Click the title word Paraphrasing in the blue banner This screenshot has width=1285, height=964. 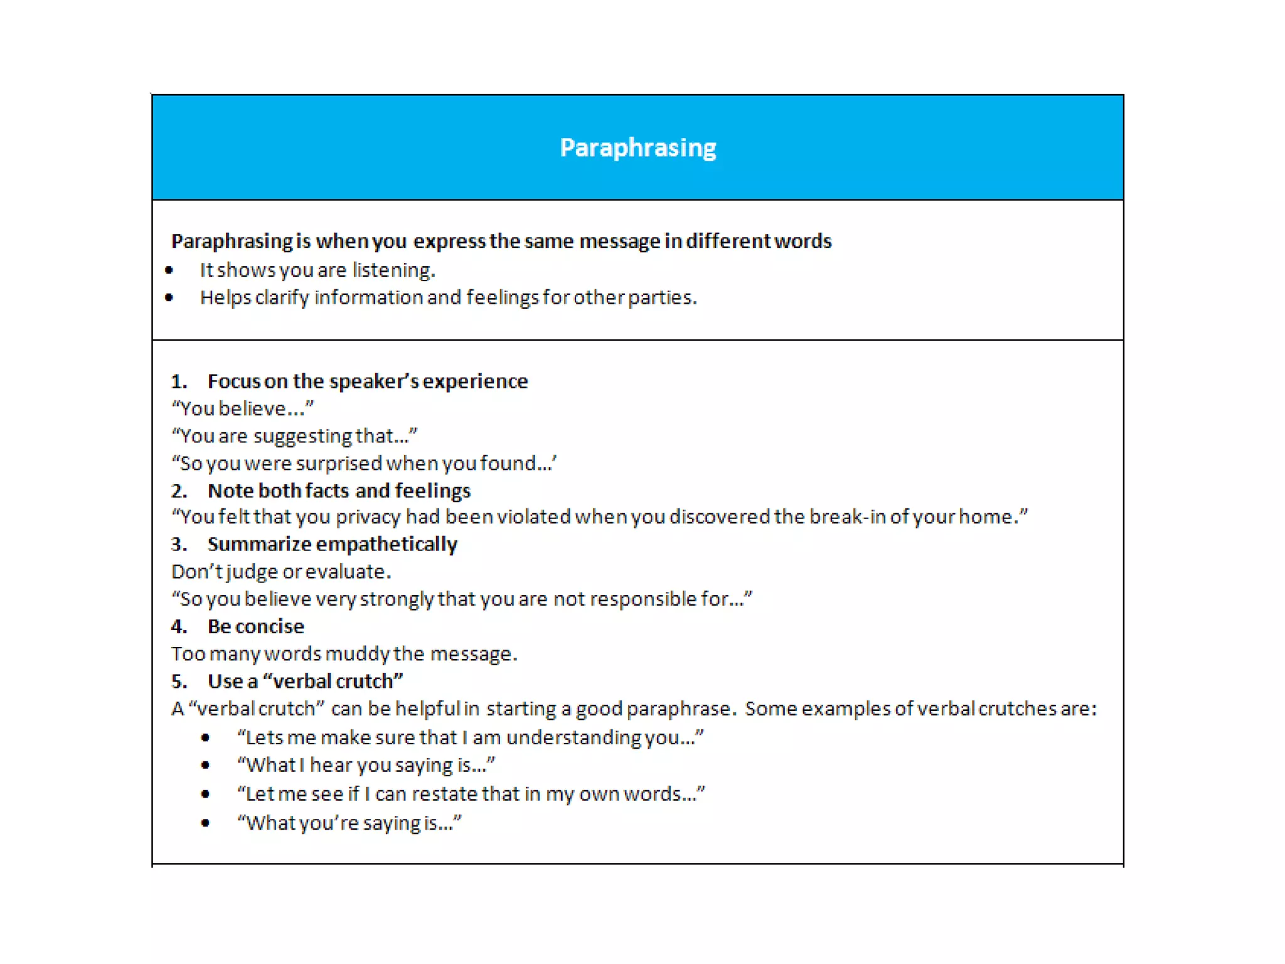click(x=637, y=148)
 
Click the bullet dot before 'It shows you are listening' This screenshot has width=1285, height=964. click(x=169, y=270)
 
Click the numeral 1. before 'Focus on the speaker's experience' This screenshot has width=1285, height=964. click(x=179, y=382)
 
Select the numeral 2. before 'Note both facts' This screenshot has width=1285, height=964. click(x=179, y=491)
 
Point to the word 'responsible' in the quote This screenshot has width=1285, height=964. click(x=642, y=599)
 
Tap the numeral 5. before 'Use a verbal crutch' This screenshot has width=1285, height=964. click(x=179, y=682)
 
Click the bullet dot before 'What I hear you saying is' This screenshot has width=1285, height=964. click(x=205, y=765)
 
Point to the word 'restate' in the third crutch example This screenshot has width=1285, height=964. click(x=444, y=794)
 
